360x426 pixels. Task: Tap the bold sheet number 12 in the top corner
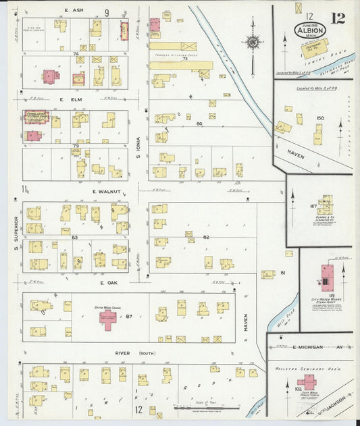[x=338, y=18]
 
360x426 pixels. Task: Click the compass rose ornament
[x=253, y=43]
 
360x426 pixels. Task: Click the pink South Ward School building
[x=108, y=319]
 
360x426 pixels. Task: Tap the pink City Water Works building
[x=328, y=275]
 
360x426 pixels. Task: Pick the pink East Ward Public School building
[x=306, y=382]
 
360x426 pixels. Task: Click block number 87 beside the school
[x=128, y=317]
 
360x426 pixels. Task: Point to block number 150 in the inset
[x=320, y=118]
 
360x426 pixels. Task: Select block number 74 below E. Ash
[x=76, y=53]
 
